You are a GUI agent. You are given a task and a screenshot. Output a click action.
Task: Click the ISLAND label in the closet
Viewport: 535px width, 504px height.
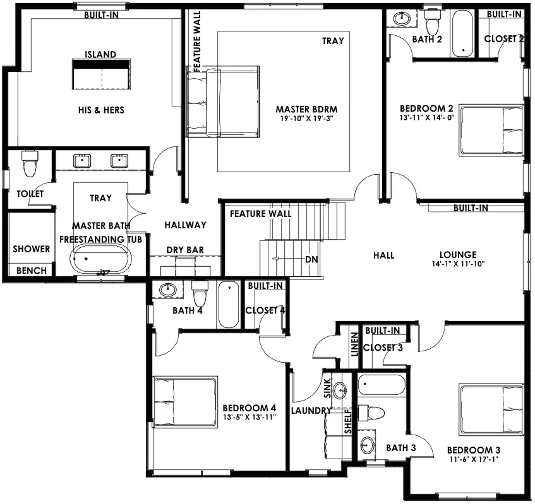[100, 54]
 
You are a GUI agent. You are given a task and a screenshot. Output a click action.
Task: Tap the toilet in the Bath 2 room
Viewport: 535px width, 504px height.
[433, 20]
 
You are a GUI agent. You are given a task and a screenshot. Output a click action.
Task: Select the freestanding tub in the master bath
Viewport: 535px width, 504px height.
[101, 259]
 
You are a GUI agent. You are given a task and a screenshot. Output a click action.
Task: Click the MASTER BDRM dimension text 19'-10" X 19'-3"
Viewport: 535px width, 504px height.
[306, 119]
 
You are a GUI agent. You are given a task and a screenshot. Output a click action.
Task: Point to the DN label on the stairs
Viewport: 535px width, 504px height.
[311, 260]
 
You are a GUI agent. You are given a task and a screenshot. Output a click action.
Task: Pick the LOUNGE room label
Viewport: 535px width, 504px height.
[458, 255]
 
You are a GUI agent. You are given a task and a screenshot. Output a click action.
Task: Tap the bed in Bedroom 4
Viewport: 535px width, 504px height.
[185, 401]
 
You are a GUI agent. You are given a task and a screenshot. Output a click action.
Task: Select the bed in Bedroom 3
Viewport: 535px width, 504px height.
[491, 409]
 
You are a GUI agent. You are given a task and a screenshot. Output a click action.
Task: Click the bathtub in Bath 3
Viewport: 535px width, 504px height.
[382, 385]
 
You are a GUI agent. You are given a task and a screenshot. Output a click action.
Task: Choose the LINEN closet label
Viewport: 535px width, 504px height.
[355, 344]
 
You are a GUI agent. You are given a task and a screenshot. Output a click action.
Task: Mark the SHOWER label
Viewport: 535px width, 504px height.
[32, 249]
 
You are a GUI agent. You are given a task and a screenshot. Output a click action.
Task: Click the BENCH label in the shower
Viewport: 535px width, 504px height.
[32, 271]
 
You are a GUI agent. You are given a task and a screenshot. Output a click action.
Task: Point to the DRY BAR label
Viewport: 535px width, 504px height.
[185, 250]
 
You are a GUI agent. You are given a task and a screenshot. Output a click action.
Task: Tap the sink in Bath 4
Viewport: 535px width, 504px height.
[167, 290]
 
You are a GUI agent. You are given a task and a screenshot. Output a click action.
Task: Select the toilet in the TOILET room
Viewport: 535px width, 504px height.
[30, 164]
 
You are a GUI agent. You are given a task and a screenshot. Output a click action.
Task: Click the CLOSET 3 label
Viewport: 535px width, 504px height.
[383, 348]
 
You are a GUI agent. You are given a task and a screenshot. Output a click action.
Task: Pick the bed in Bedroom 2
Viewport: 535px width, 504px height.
[491, 131]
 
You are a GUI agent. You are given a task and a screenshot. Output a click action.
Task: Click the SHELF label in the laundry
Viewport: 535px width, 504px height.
[348, 422]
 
